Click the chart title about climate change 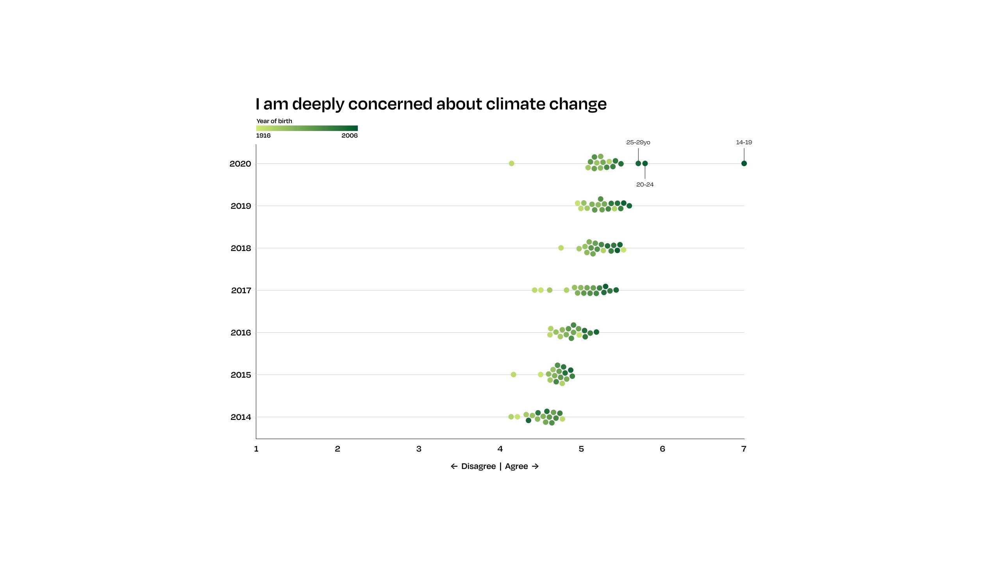pyautogui.click(x=431, y=104)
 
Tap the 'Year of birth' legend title pyautogui.click(x=274, y=121)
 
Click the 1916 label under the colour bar pyautogui.click(x=263, y=136)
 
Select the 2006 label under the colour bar pyautogui.click(x=350, y=136)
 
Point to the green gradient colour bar pyautogui.click(x=307, y=128)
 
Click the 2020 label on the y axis pyautogui.click(x=240, y=164)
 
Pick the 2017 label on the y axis pyautogui.click(x=241, y=290)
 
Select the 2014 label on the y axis pyautogui.click(x=241, y=417)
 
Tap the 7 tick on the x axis pyautogui.click(x=744, y=449)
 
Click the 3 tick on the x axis pyautogui.click(x=419, y=449)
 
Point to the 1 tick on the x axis pyautogui.click(x=256, y=449)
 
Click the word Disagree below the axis pyautogui.click(x=479, y=466)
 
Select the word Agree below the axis pyautogui.click(x=516, y=466)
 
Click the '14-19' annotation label pyautogui.click(x=744, y=142)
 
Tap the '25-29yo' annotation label pyautogui.click(x=638, y=142)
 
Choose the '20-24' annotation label pyautogui.click(x=645, y=185)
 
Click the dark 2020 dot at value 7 pyautogui.click(x=744, y=163)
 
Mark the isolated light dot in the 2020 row pyautogui.click(x=512, y=163)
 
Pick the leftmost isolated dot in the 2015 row pyautogui.click(x=514, y=375)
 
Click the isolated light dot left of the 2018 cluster pyautogui.click(x=561, y=248)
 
